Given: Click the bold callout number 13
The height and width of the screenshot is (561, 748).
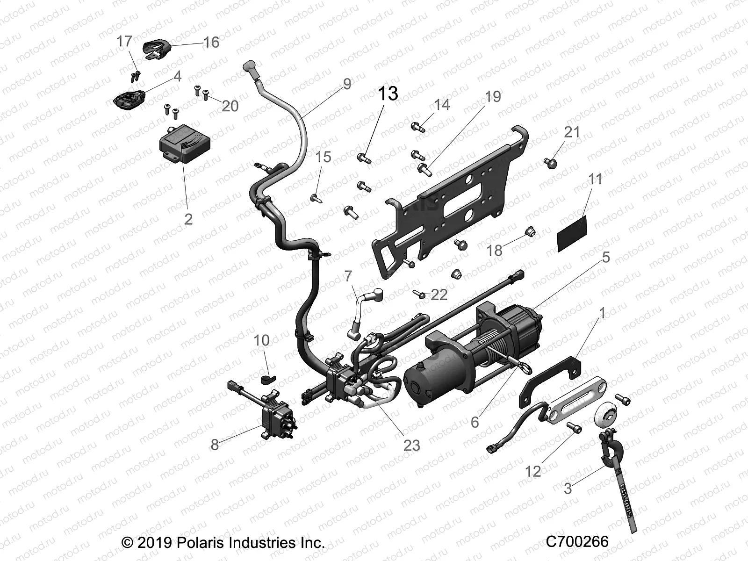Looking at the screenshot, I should [x=388, y=93].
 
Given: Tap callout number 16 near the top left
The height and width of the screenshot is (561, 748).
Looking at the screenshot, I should [x=211, y=43].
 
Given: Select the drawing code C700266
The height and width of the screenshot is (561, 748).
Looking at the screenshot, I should [x=577, y=541].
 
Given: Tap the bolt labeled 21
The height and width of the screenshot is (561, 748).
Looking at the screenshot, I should [x=551, y=163].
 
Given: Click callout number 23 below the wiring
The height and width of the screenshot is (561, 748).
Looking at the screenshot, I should [x=411, y=445].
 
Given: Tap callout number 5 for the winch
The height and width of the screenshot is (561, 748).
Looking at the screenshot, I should [x=605, y=257].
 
